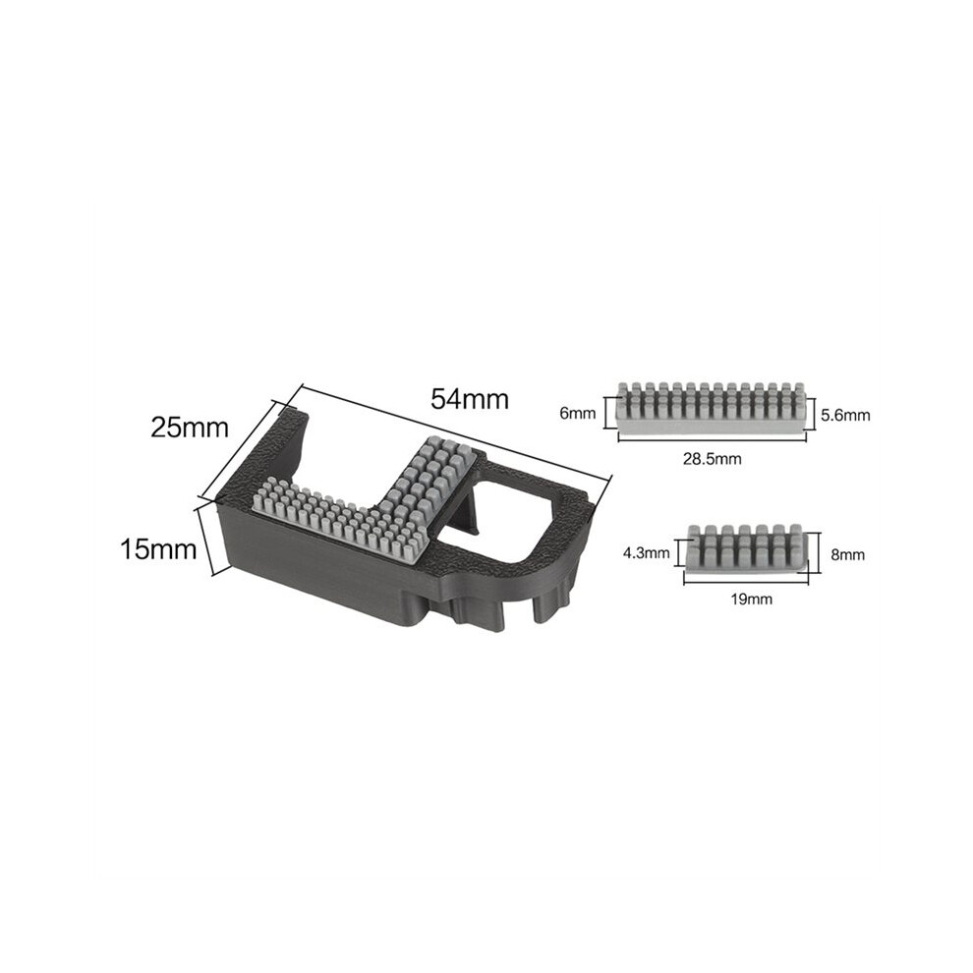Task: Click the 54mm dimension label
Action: coord(470,399)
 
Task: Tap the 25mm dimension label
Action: coord(190,428)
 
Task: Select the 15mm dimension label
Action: coord(158,549)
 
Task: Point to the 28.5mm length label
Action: coord(713,459)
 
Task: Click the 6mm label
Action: coord(578,413)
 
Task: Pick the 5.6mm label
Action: coord(846,415)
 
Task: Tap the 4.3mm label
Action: coord(647,552)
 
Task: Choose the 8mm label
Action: coord(847,554)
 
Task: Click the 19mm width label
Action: coord(752,600)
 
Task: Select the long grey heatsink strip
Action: coord(713,405)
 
